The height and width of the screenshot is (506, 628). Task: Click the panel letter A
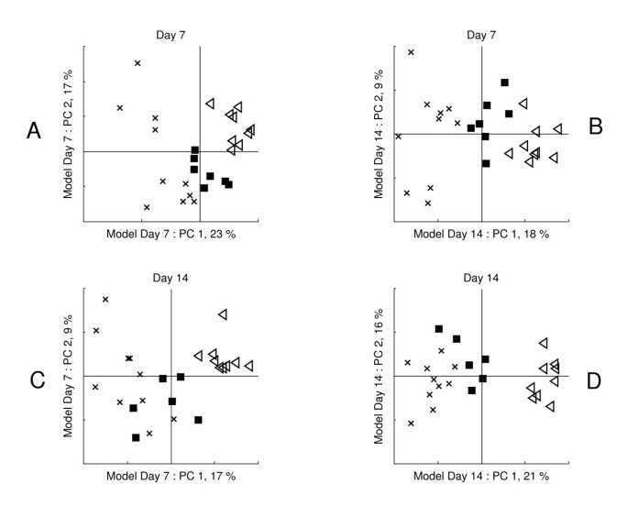[34, 131]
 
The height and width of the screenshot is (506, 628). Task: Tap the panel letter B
[595, 126]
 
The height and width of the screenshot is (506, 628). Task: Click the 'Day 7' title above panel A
[171, 35]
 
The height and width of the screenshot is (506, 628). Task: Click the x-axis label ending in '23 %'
[171, 235]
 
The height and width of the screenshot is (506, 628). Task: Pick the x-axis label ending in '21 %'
[482, 477]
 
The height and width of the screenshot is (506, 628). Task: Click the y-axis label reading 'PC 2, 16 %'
[379, 376]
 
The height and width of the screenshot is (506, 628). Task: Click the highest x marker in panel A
[138, 63]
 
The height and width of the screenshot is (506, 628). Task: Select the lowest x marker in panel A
[147, 207]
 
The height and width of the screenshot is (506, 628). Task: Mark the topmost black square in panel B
[504, 82]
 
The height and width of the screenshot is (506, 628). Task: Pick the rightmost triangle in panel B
[557, 129]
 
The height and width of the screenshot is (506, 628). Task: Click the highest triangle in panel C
[222, 314]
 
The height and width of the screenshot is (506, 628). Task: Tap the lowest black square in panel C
[136, 437]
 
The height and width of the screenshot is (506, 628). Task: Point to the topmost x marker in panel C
[105, 299]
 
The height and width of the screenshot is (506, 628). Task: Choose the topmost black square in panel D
[439, 328]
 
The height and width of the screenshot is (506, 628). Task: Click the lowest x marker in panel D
[411, 423]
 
